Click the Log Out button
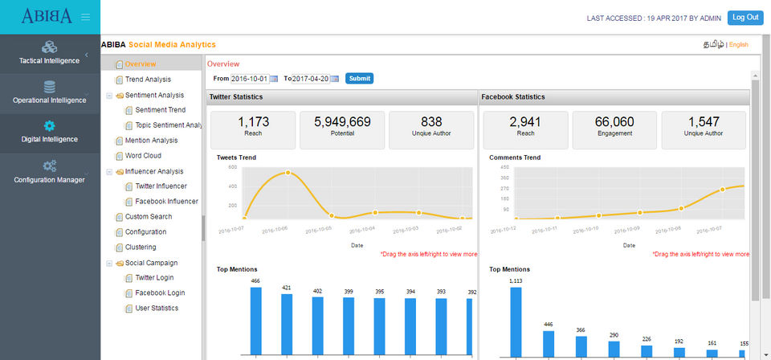coord(745,18)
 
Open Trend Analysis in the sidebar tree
coord(148,80)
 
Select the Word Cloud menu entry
coord(143,156)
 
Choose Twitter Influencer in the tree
coord(161,186)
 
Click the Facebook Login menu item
coord(160,293)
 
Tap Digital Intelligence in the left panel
coord(50,132)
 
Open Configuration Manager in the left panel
coord(50,172)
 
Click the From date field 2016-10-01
coord(249,79)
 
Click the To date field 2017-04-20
coord(310,79)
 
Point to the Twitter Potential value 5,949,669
coord(342,122)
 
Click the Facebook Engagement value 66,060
coord(614,122)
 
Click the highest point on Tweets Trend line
coord(288,173)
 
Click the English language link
coord(738,45)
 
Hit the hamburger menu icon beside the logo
coord(86,17)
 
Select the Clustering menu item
coord(141,247)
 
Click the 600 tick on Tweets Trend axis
coord(232,167)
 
